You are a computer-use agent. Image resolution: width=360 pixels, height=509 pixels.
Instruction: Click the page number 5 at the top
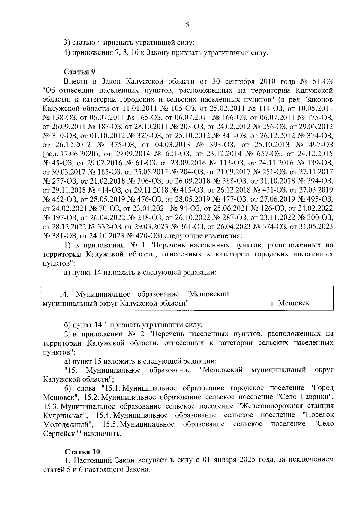[187, 25]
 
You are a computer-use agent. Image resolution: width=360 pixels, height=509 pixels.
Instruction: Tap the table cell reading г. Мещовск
[290, 303]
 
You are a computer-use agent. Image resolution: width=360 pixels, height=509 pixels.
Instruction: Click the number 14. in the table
[64, 294]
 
